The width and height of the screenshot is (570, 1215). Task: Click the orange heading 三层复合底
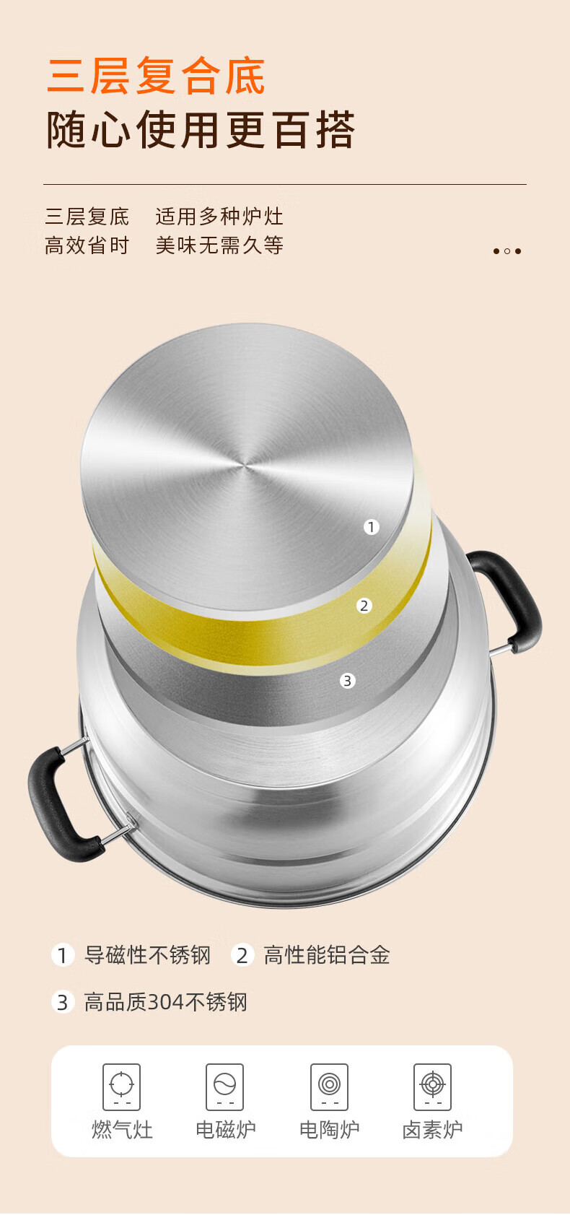pyautogui.click(x=156, y=76)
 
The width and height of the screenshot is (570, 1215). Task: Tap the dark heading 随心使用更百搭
pyautogui.click(x=201, y=130)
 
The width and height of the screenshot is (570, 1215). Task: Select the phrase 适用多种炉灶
pyautogui.click(x=219, y=217)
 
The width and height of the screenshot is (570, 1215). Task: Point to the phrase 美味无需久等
pyautogui.click(x=219, y=245)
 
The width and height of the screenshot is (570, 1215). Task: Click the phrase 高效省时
pyautogui.click(x=87, y=245)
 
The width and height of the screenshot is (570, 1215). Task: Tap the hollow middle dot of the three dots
pyautogui.click(x=507, y=251)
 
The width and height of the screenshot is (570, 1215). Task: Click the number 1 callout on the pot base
pyautogui.click(x=372, y=527)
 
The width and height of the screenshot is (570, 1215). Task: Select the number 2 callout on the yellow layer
pyautogui.click(x=364, y=605)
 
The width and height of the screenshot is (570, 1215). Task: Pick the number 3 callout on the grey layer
pyautogui.click(x=348, y=680)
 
